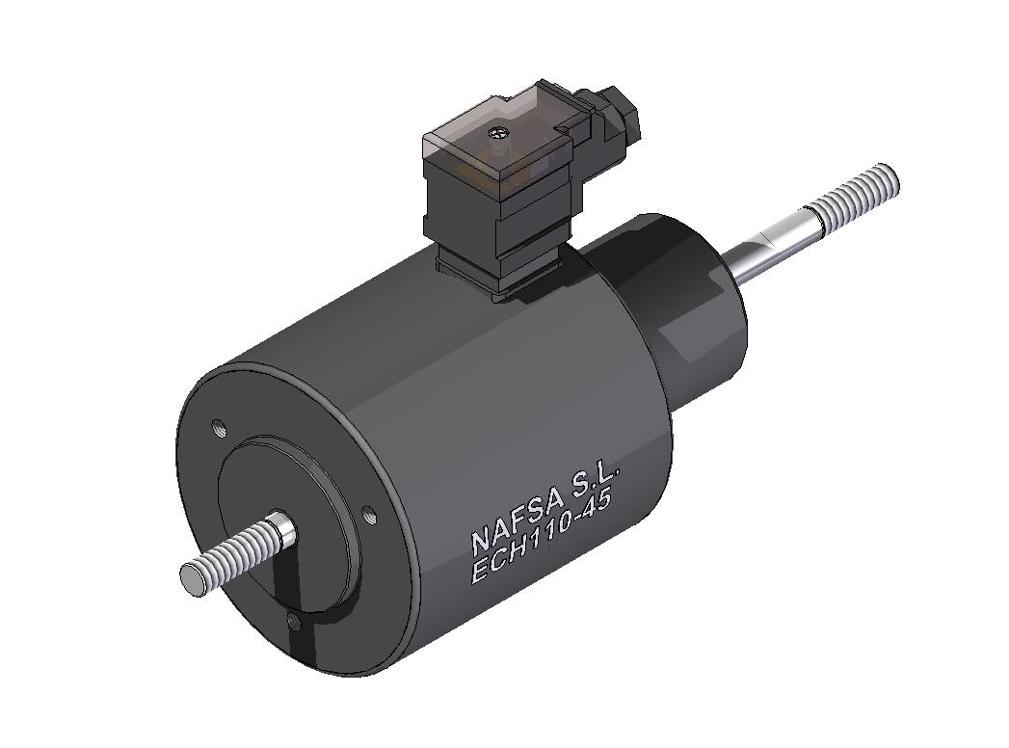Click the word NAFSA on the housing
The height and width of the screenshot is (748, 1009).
point(513,521)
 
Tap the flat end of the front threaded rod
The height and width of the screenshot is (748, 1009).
point(191,576)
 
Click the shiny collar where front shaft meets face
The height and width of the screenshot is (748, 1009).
point(281,528)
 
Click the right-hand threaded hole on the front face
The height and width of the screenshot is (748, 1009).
point(368,514)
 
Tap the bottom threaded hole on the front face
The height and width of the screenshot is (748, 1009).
point(295,625)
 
